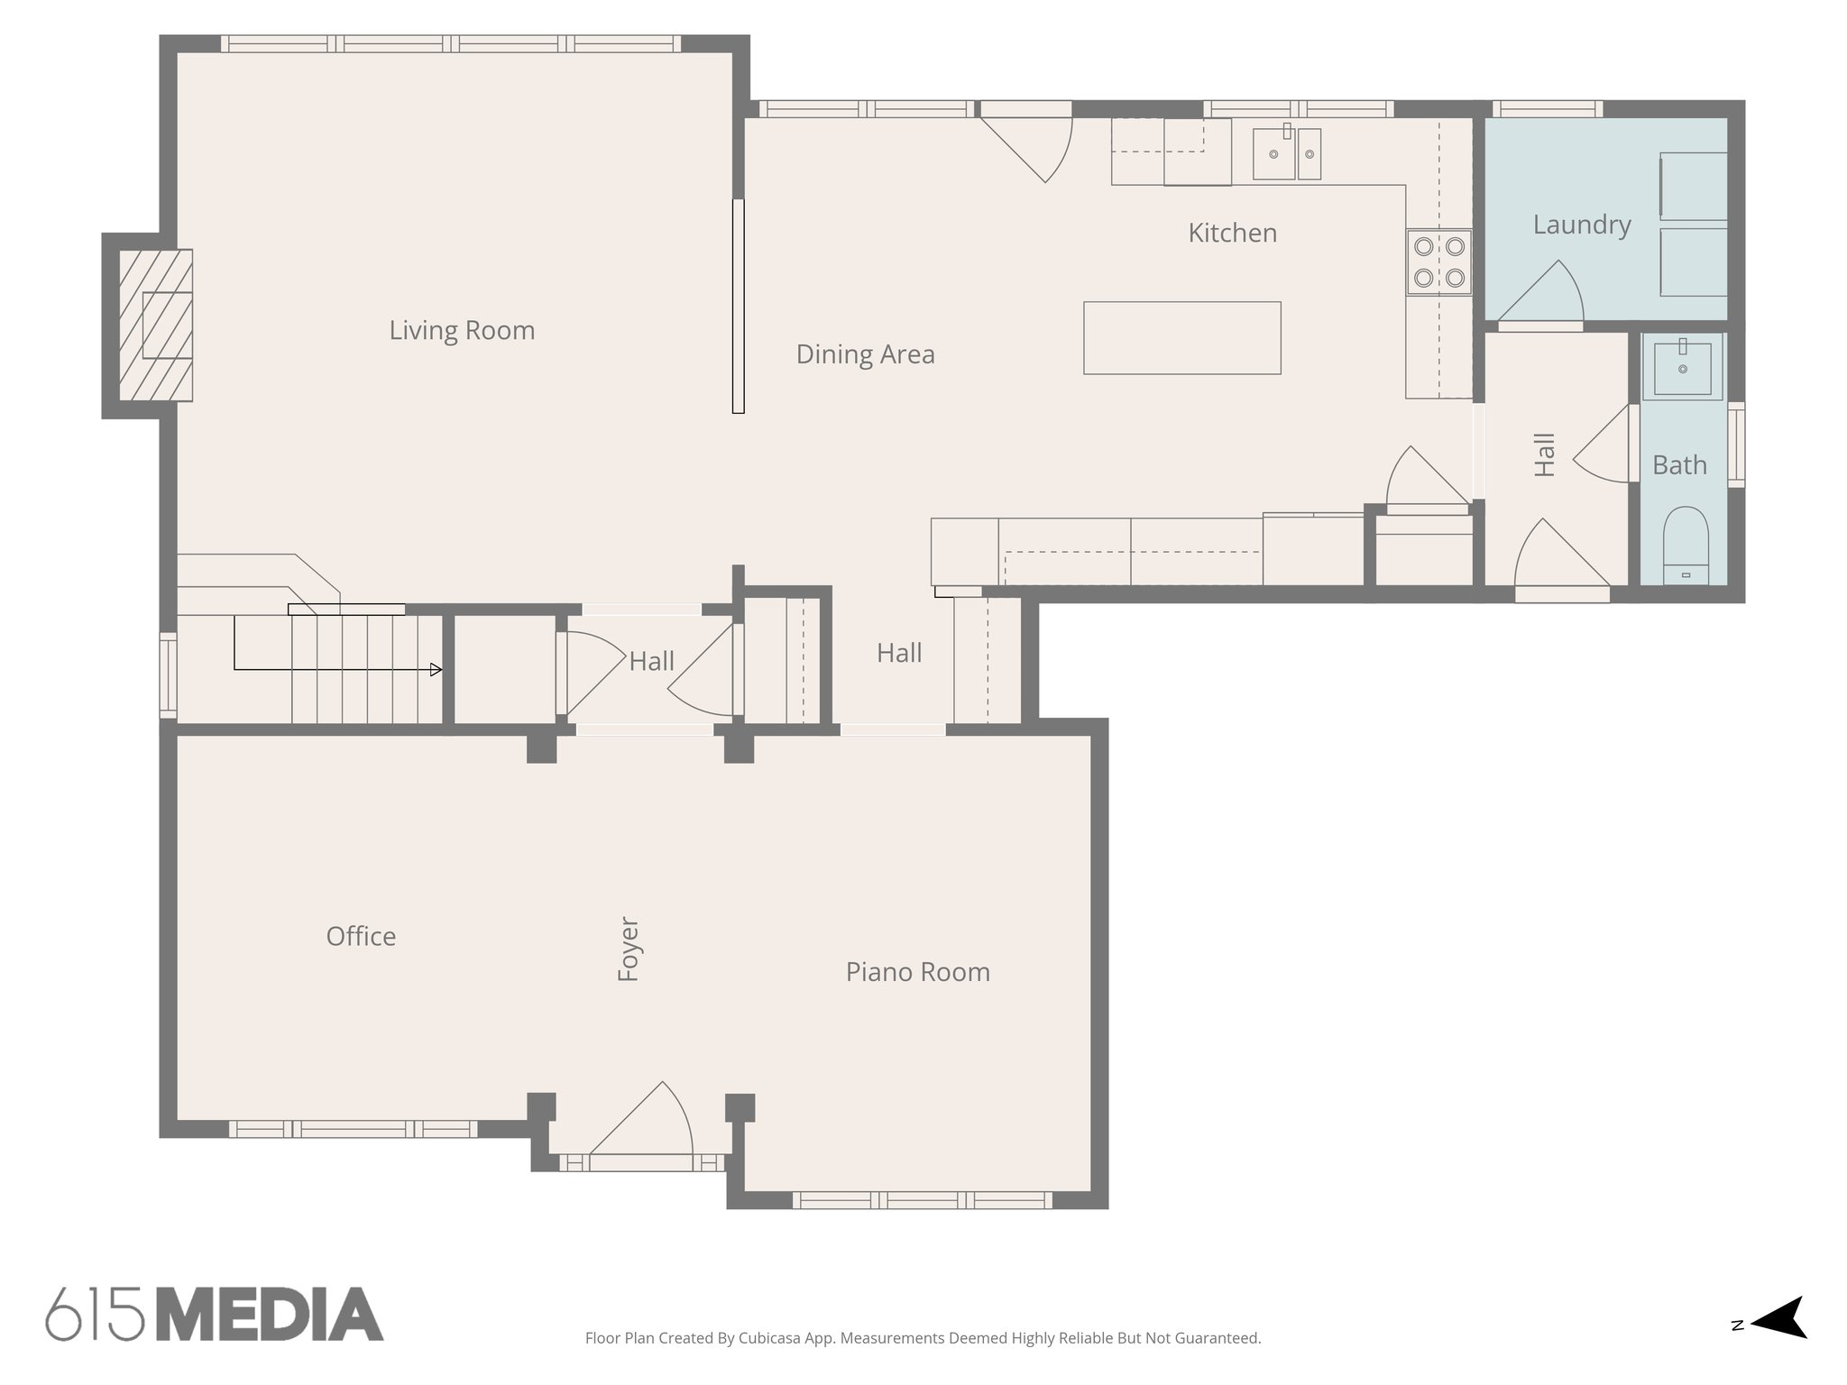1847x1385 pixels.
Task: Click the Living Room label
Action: click(x=462, y=331)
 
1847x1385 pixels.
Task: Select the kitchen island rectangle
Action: click(x=1181, y=338)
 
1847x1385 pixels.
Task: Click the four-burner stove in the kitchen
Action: click(x=1438, y=261)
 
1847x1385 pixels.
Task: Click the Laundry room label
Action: click(x=1582, y=225)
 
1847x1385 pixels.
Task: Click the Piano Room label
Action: click(x=917, y=972)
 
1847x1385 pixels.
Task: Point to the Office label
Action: click(x=361, y=937)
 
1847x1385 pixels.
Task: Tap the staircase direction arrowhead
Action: click(x=436, y=669)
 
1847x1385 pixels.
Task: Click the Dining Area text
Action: click(x=865, y=354)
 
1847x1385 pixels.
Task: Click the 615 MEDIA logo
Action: click(x=215, y=1314)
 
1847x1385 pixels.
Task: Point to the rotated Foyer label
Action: click(x=628, y=949)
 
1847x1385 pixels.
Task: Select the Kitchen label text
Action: click(x=1232, y=234)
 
